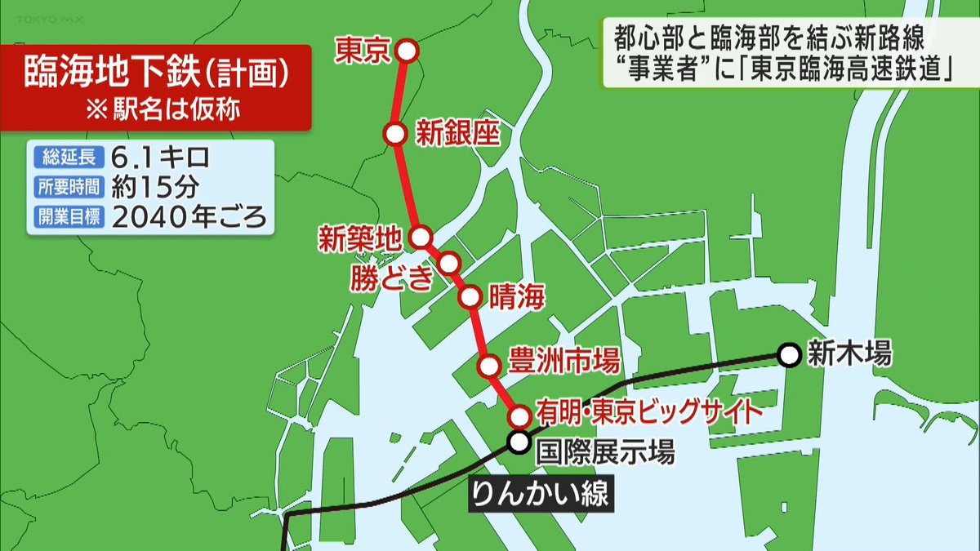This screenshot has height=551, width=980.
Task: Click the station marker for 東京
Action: (x=407, y=51)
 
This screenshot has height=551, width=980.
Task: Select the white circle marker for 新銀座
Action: (x=395, y=133)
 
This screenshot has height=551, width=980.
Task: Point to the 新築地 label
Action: (x=359, y=239)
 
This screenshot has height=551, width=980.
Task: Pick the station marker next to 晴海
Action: (x=470, y=297)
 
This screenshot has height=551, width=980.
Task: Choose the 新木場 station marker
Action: (x=788, y=355)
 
